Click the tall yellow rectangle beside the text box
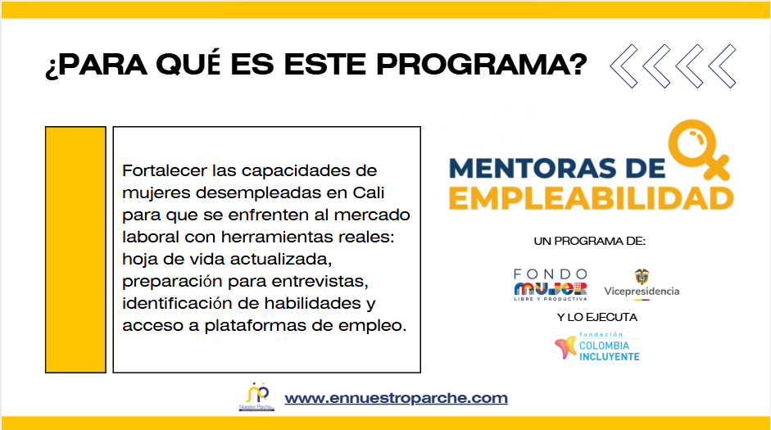click(x=75, y=250)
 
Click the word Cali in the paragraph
click(x=368, y=192)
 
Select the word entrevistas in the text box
click(x=320, y=282)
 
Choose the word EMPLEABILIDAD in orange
click(x=591, y=198)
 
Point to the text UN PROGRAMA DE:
click(x=590, y=242)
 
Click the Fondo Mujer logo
click(x=551, y=284)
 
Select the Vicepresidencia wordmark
click(x=642, y=292)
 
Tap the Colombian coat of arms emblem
click(x=642, y=276)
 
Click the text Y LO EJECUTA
click(x=597, y=318)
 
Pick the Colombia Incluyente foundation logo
click(x=597, y=347)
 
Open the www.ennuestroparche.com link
click(x=396, y=397)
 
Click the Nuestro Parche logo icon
click(x=257, y=396)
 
